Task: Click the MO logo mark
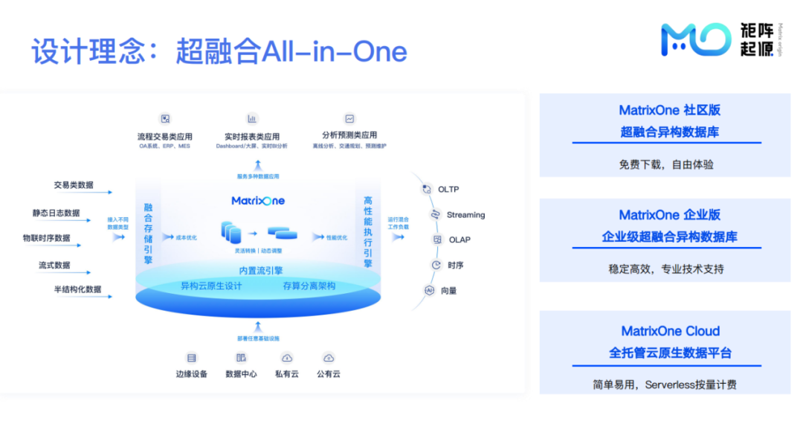pos(695,39)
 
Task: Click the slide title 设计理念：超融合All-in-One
pos(219,52)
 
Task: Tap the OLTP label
pos(448,190)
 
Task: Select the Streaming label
pos(465,215)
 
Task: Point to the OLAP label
pos(459,240)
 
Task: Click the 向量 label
pos(448,291)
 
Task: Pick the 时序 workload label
pos(455,266)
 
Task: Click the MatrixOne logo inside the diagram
pos(258,201)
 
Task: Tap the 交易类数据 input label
pos(74,185)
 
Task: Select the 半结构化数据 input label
pos(77,289)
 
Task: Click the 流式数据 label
pos(55,266)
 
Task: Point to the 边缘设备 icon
pos(191,358)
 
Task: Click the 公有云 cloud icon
pos(328,358)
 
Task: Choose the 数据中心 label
pos(241,374)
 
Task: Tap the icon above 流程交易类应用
pos(165,118)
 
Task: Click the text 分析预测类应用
pos(349,135)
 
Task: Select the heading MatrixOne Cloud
pos(670,331)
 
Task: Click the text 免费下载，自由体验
pos(666,164)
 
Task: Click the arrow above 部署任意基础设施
pos(257,325)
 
